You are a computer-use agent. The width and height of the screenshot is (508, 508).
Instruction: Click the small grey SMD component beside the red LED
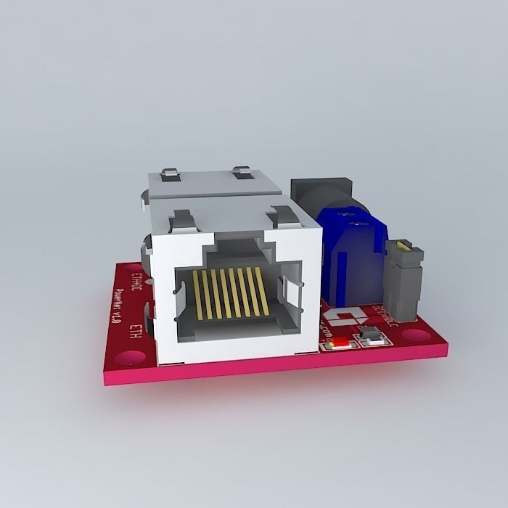tap(371, 335)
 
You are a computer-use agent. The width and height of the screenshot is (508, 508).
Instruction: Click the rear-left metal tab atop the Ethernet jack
tap(168, 174)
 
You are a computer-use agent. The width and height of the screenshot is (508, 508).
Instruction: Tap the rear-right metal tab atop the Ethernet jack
tap(242, 173)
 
